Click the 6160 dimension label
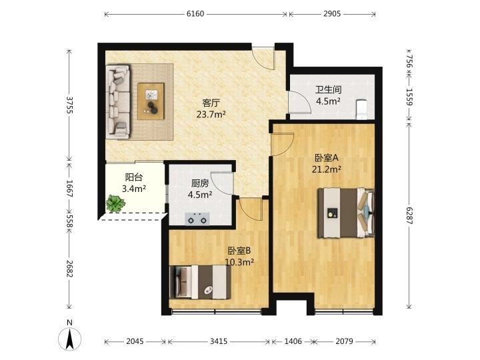click(x=195, y=14)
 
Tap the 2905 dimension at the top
click(x=332, y=14)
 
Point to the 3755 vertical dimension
click(x=70, y=105)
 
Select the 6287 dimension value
click(x=409, y=215)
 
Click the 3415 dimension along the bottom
click(x=219, y=341)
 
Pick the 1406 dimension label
click(x=293, y=341)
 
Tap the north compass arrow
click(x=70, y=339)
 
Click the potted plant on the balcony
click(x=115, y=204)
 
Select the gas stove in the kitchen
click(x=197, y=219)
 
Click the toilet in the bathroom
click(x=362, y=109)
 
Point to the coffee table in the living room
click(x=151, y=101)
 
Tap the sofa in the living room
click(x=118, y=101)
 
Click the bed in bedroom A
click(x=346, y=213)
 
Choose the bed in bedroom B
click(x=200, y=282)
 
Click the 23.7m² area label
click(x=211, y=115)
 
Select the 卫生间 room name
click(x=329, y=90)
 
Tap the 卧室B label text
click(x=239, y=251)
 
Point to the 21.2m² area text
click(x=327, y=169)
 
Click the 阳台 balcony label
click(x=134, y=177)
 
